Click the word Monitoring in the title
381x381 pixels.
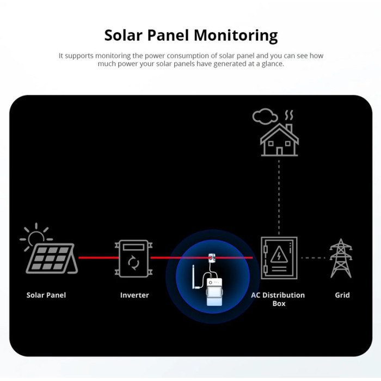pos(236,36)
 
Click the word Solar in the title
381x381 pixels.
pos(123,35)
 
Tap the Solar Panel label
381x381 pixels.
pos(46,295)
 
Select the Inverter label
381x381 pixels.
pos(134,295)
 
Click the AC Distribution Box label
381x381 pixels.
pos(278,299)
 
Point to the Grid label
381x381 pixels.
pos(342,295)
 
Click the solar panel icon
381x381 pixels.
pos(52,259)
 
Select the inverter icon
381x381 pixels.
pos(134,259)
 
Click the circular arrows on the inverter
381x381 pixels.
pos(134,262)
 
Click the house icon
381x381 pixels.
pos(279,140)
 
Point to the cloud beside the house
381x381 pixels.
pos(265,116)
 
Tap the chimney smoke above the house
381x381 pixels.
pos(289,115)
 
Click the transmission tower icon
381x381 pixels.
pos(341,258)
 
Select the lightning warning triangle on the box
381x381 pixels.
pos(279,254)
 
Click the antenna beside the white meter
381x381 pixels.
pos(195,277)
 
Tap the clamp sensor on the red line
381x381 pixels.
pos(212,259)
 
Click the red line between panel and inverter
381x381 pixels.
pos(99,257)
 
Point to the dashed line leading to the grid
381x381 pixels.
pos(313,258)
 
